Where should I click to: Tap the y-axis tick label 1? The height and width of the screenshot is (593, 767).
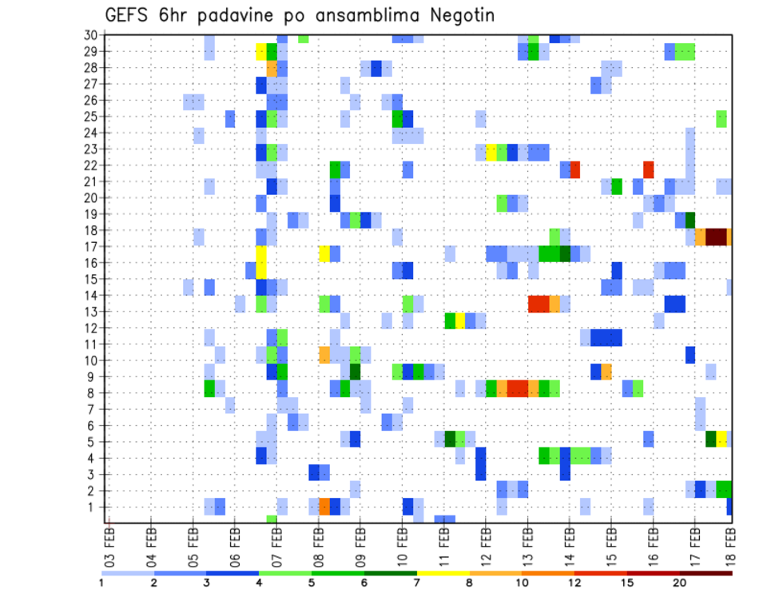(x=93, y=507)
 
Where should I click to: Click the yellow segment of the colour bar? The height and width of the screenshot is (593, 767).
(x=443, y=572)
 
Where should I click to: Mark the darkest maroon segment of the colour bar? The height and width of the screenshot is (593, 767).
(x=706, y=572)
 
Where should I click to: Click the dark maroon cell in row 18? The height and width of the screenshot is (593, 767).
(x=716, y=237)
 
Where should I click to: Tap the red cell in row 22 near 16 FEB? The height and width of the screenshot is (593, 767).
(x=649, y=169)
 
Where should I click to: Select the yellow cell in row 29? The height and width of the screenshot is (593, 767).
(x=260, y=52)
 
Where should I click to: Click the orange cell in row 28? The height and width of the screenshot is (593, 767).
(x=272, y=69)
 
